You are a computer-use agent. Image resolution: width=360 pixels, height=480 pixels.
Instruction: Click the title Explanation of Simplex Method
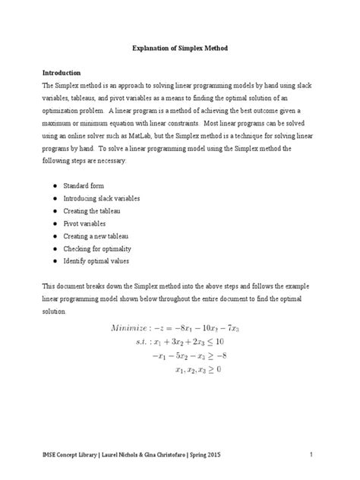click(x=179, y=48)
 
